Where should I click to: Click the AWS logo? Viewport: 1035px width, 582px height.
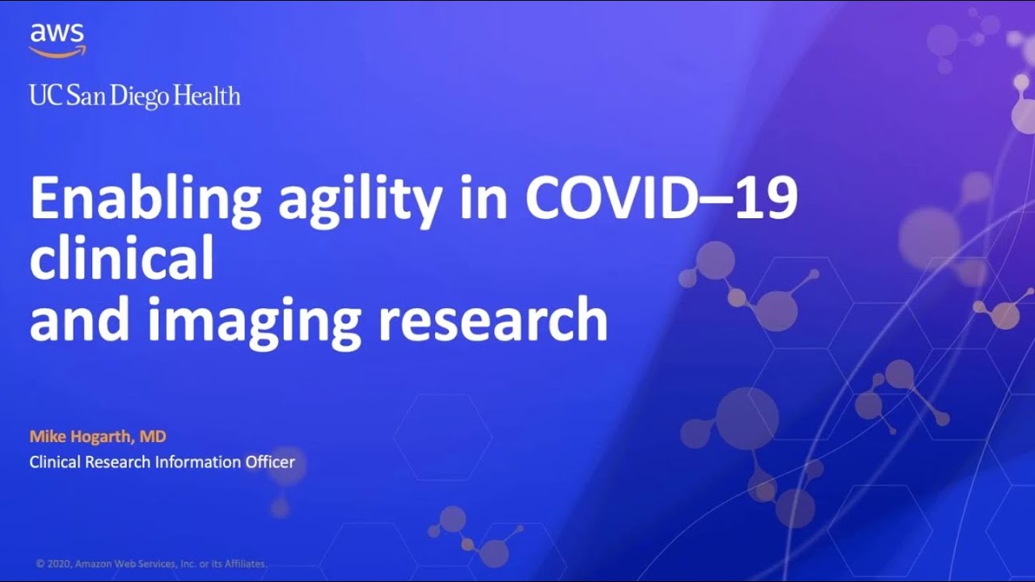[x=57, y=40]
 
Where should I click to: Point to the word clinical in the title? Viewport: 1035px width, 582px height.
[x=122, y=255]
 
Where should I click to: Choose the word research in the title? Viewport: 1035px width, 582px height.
[x=492, y=318]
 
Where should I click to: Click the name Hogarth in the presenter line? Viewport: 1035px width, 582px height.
[x=103, y=436]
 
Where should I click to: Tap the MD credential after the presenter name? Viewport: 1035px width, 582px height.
[x=153, y=436]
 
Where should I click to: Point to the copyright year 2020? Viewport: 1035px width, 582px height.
[x=59, y=564]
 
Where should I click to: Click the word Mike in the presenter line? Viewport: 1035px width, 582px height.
[x=48, y=436]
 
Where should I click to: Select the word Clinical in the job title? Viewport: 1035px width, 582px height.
[x=55, y=462]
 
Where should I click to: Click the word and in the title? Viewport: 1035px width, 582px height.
[x=79, y=318]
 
